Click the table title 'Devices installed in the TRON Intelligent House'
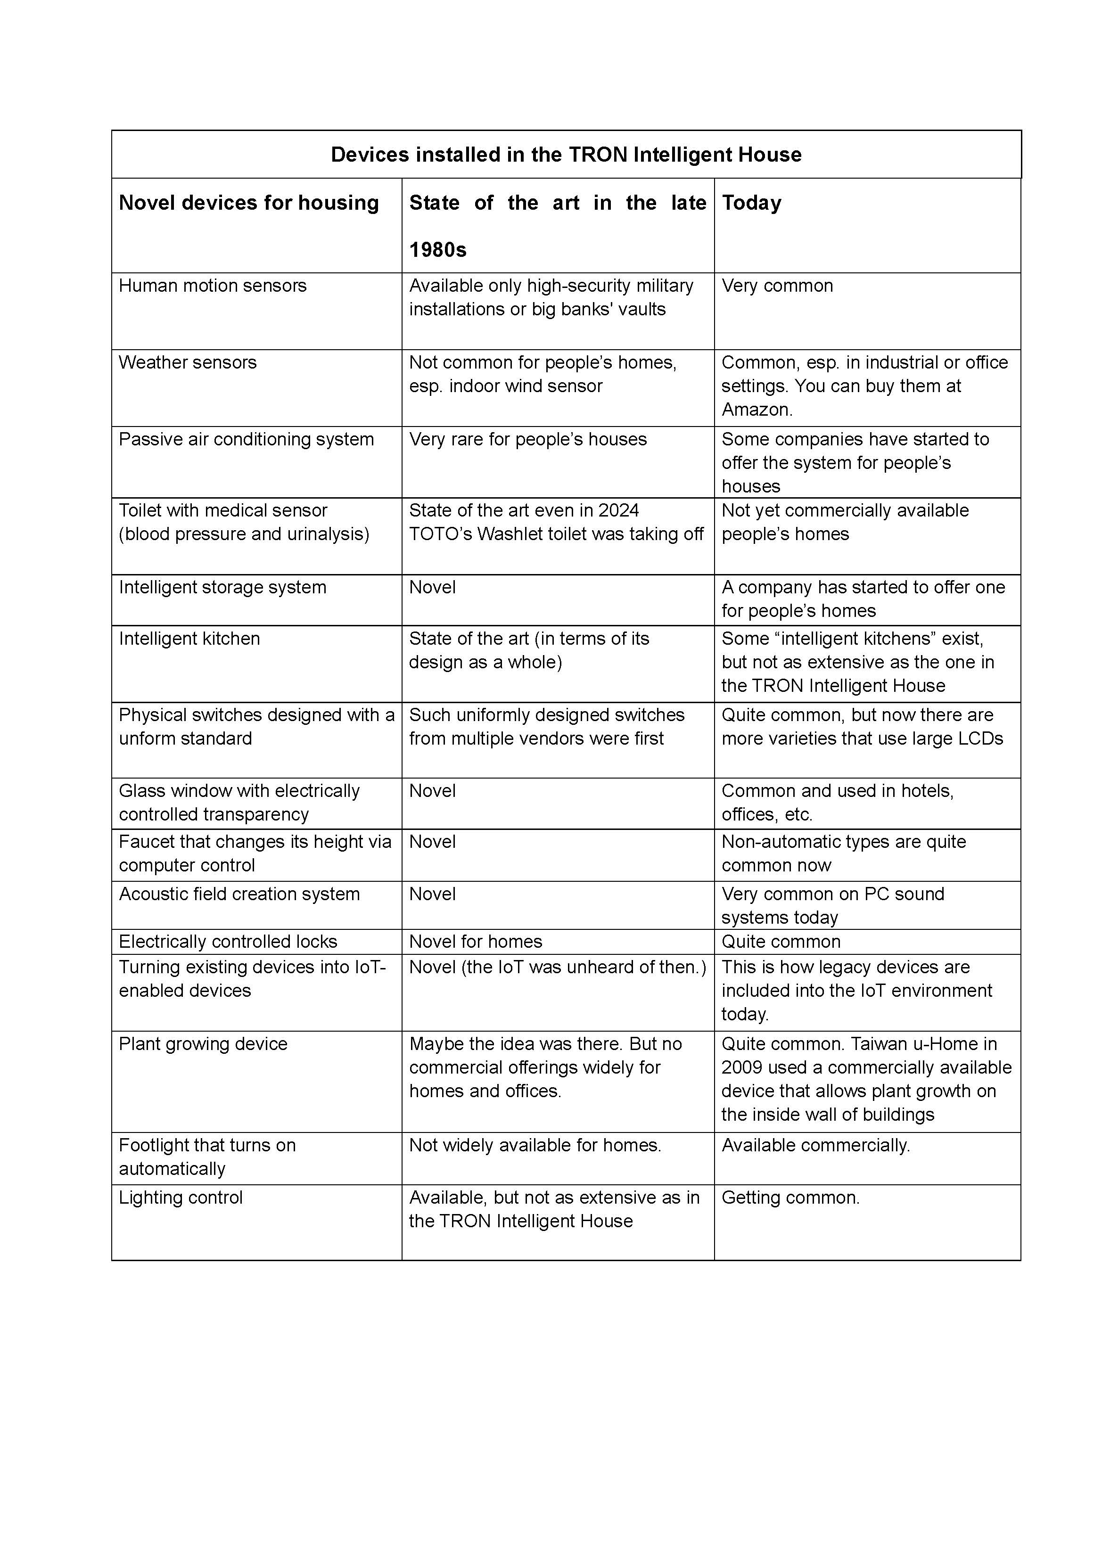(x=566, y=155)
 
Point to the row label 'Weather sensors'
(x=188, y=362)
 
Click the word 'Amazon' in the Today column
(x=755, y=410)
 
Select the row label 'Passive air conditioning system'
(x=246, y=439)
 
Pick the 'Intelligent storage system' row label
(x=222, y=587)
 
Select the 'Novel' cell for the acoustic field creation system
(x=432, y=894)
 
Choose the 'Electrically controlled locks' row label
(x=228, y=941)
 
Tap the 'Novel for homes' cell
(x=475, y=941)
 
